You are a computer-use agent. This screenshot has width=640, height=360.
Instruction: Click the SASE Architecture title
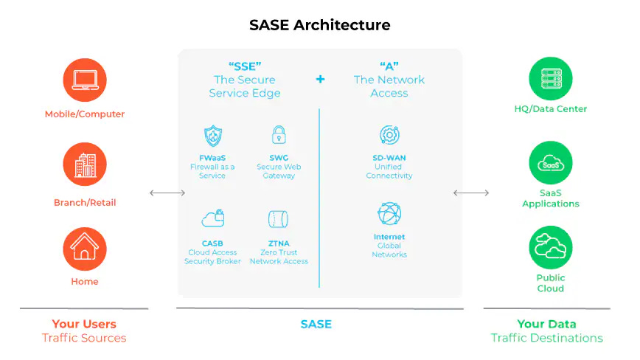pos(319,25)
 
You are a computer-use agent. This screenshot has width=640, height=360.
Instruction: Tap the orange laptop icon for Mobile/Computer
pos(85,80)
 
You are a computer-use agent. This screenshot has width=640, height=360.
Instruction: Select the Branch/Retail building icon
pos(85,165)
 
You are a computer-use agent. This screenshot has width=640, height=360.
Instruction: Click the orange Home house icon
pos(85,249)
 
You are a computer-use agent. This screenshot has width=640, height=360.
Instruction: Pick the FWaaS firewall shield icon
pos(212,136)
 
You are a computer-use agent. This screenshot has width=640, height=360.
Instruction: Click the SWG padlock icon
pos(278,135)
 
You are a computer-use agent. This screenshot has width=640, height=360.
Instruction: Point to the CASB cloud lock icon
pos(212,218)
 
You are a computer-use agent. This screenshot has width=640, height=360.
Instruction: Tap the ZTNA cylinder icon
pos(278,219)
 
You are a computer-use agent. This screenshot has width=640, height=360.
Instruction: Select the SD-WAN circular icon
pos(389,135)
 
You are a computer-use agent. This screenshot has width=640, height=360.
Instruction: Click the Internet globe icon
pos(389,214)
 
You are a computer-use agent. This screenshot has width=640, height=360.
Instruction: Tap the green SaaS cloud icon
pos(551,163)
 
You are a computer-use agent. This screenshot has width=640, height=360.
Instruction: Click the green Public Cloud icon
pos(551,248)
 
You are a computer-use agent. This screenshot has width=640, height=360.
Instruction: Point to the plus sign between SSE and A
pos(320,79)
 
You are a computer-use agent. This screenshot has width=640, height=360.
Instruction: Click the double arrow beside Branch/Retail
pos(167,193)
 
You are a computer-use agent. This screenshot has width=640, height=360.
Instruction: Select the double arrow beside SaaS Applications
pos(471,193)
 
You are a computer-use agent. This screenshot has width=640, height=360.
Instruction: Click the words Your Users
pos(84,324)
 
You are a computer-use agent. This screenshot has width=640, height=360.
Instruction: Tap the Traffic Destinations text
pos(547,338)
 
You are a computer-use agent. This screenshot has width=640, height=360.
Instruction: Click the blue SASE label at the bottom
pos(316,324)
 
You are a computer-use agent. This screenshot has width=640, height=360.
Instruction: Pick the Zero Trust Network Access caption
pos(279,257)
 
